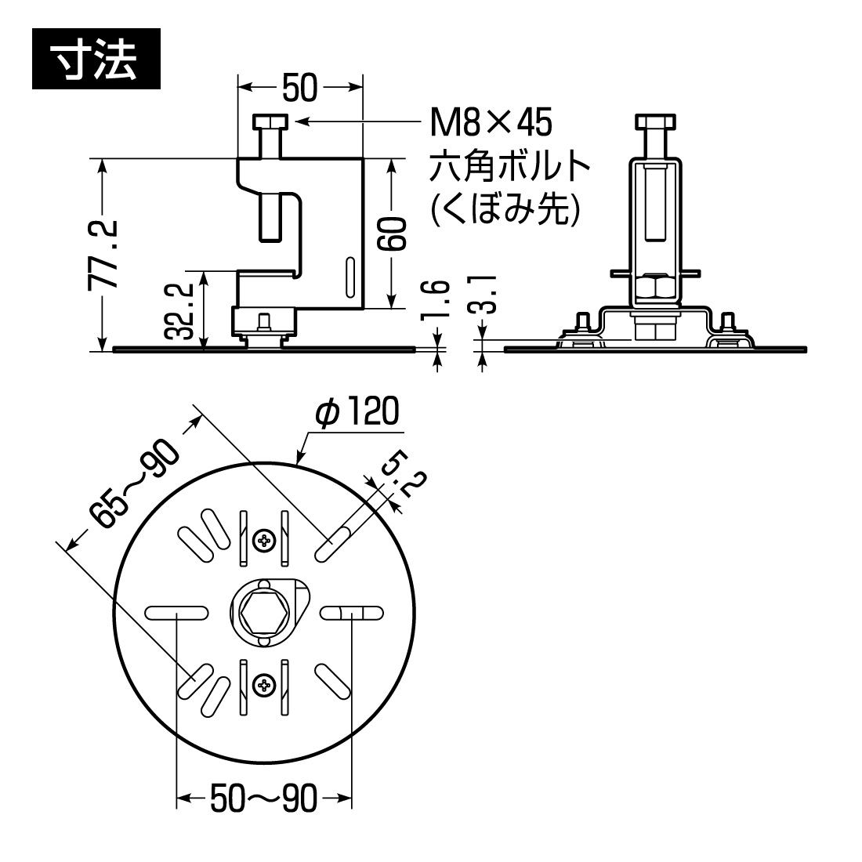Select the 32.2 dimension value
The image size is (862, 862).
(181, 310)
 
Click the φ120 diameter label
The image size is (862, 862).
(357, 413)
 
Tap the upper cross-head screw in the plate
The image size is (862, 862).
(264, 539)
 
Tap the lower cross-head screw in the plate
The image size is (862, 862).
(264, 686)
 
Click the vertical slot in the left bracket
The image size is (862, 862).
(350, 278)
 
